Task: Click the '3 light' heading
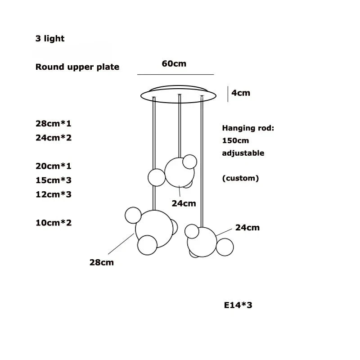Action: (x=50, y=39)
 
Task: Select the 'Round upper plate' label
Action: (x=77, y=67)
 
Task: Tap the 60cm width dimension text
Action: (x=174, y=63)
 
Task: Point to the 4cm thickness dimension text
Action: (x=241, y=93)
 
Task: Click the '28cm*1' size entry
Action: (x=54, y=123)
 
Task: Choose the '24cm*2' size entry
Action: (x=54, y=138)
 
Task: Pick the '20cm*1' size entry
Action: (x=54, y=166)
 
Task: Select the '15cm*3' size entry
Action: (x=54, y=180)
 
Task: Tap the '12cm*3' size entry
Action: (x=54, y=194)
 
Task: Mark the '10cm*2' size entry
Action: (x=54, y=223)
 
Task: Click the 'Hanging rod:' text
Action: (x=248, y=128)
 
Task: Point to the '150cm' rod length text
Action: (x=235, y=140)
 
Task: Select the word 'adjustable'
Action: (x=243, y=153)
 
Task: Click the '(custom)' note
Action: (x=240, y=178)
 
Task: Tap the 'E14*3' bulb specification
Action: (x=238, y=305)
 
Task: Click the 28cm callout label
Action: (x=102, y=262)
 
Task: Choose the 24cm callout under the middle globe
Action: (x=184, y=203)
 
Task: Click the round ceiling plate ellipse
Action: (x=178, y=94)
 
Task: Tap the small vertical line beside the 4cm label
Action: (x=228, y=94)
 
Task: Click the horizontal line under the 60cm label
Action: (x=175, y=74)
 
